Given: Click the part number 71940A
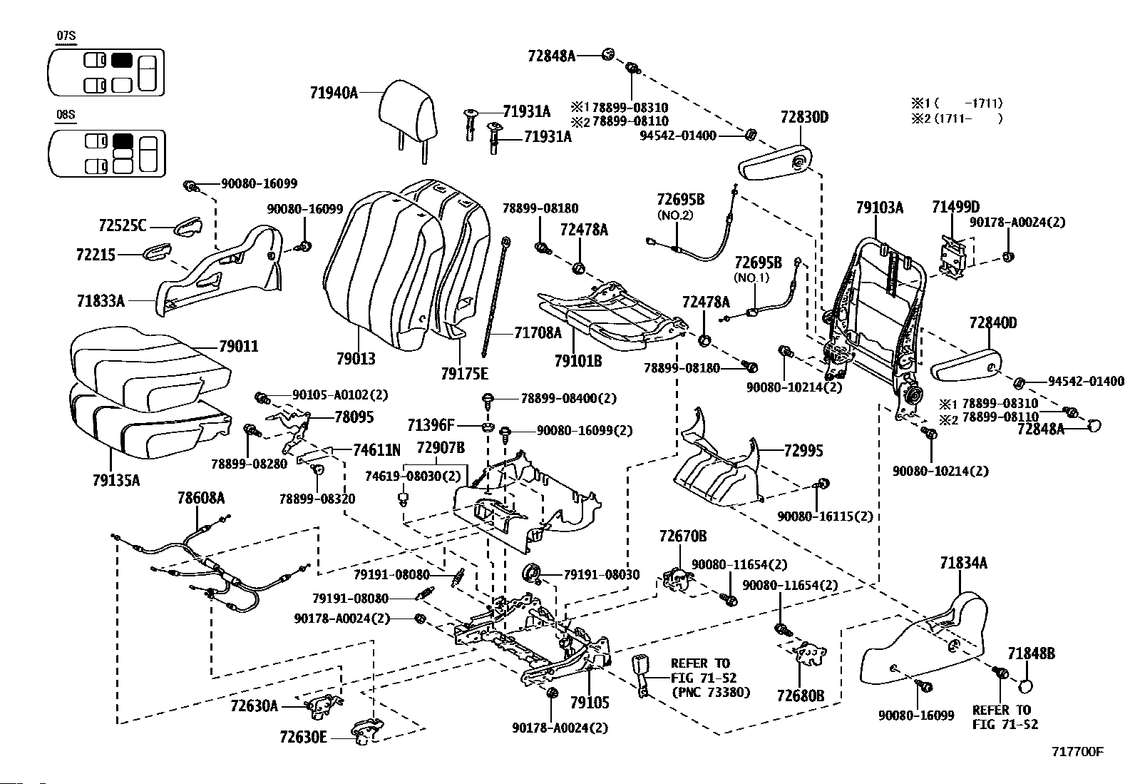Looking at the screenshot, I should tap(334, 92).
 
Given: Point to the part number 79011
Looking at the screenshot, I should tap(238, 347).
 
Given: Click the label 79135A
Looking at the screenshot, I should tap(115, 480).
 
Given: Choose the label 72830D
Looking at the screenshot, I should tap(803, 118).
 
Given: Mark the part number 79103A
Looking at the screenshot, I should tap(879, 208).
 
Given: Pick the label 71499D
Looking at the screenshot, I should tap(955, 208).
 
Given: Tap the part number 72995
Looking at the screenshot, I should tap(803, 451).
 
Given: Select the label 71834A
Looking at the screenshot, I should tap(963, 564).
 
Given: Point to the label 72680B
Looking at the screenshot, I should tap(800, 695).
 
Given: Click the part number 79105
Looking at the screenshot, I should tap(590, 703).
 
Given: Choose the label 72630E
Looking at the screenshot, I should tap(303, 737).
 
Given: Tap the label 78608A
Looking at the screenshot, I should tap(200, 499).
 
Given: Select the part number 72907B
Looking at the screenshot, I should tap(441, 448).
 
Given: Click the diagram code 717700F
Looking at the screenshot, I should tap(1077, 751).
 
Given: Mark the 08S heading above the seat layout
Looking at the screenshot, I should tap(65, 115).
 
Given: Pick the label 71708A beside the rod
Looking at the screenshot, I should tap(538, 332).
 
